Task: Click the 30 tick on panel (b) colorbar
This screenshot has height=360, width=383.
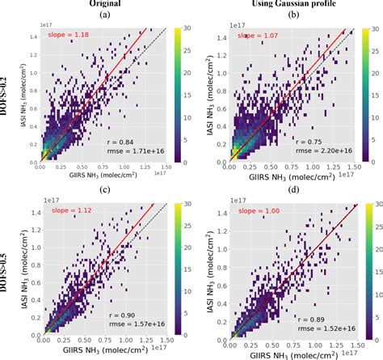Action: [x=373, y=26]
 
